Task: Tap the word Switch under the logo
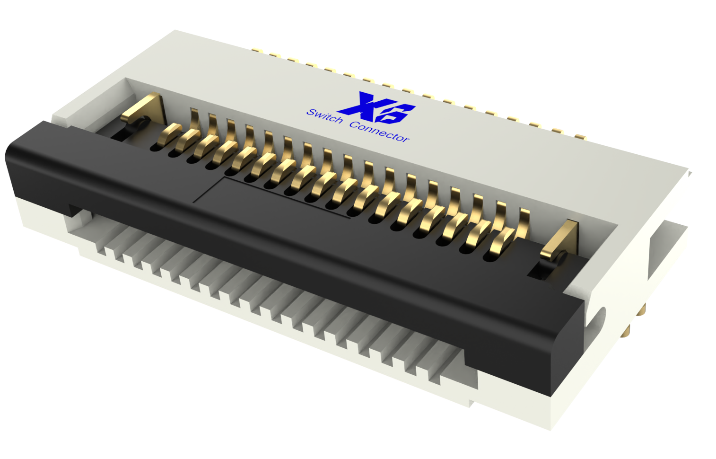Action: [x=324, y=116]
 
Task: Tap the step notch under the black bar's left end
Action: [x=73, y=211]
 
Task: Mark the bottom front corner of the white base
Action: [x=551, y=428]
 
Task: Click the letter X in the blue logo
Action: [x=363, y=105]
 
